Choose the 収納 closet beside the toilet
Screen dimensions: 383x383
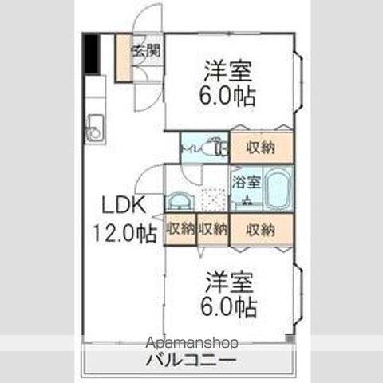tap(262, 147)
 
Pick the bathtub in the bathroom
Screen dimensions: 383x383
tap(276, 191)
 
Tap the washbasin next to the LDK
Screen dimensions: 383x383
tap(180, 201)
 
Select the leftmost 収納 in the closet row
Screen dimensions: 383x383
tap(180, 230)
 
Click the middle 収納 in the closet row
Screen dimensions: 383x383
tap(213, 230)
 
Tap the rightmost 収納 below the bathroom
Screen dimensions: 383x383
tap(261, 230)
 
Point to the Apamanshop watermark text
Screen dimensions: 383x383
tap(191, 344)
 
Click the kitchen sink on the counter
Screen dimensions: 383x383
tap(95, 128)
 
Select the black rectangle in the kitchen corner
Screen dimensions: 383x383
tap(93, 54)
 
